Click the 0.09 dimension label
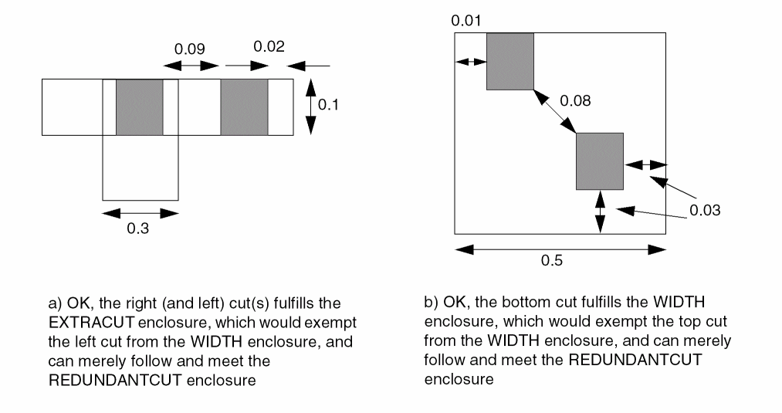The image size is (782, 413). [x=190, y=48]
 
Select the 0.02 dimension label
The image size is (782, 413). [x=269, y=46]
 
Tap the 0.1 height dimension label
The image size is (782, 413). [x=329, y=105]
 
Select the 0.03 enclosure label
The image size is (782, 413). [x=705, y=210]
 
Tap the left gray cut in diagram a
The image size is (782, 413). [x=139, y=107]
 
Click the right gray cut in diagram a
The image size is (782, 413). [x=244, y=107]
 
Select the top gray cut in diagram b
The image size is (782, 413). [x=509, y=61]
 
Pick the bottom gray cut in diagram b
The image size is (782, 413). [x=599, y=161]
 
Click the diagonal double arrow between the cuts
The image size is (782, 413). [x=555, y=111]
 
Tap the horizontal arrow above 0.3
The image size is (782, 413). [x=140, y=212]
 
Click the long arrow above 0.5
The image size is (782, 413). [x=560, y=249]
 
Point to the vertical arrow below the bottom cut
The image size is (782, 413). [x=601, y=211]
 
